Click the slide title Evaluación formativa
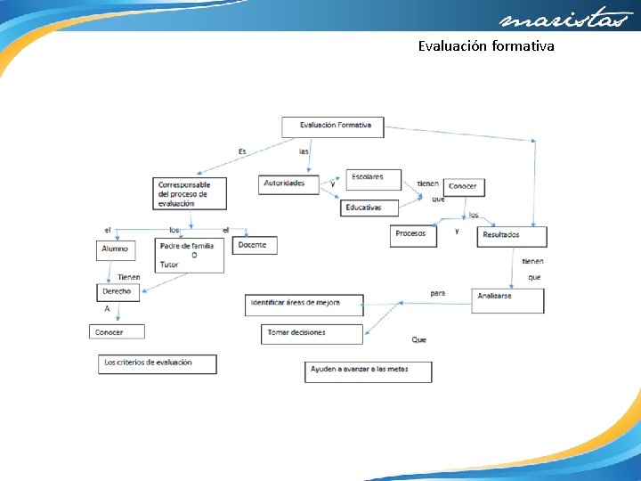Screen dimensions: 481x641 point(486,45)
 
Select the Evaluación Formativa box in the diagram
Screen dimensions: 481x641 point(333,126)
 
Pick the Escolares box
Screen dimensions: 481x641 point(372,178)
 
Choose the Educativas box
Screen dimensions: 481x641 point(369,208)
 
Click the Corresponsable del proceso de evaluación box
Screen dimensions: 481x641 point(190,193)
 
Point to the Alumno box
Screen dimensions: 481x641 point(115,249)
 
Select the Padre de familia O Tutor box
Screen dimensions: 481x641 point(190,255)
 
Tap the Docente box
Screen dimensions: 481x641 point(255,244)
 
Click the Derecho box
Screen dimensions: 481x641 point(117,291)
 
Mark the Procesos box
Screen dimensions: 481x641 point(413,235)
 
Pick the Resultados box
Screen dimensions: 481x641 point(511,236)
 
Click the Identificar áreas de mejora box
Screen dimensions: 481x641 point(304,305)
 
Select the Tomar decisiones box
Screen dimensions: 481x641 point(312,333)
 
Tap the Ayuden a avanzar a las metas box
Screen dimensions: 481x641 point(368,371)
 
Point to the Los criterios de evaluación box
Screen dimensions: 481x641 point(157,363)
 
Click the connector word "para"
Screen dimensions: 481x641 point(437,292)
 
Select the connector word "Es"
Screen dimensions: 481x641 point(242,151)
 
